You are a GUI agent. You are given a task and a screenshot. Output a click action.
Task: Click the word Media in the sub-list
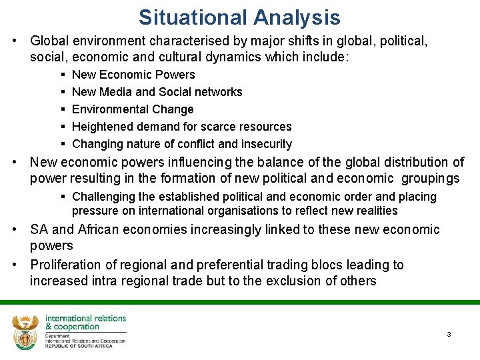pos(115,92)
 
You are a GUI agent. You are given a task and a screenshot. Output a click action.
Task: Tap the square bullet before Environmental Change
pos(62,109)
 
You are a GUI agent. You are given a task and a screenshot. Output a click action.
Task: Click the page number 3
pos(449,334)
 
